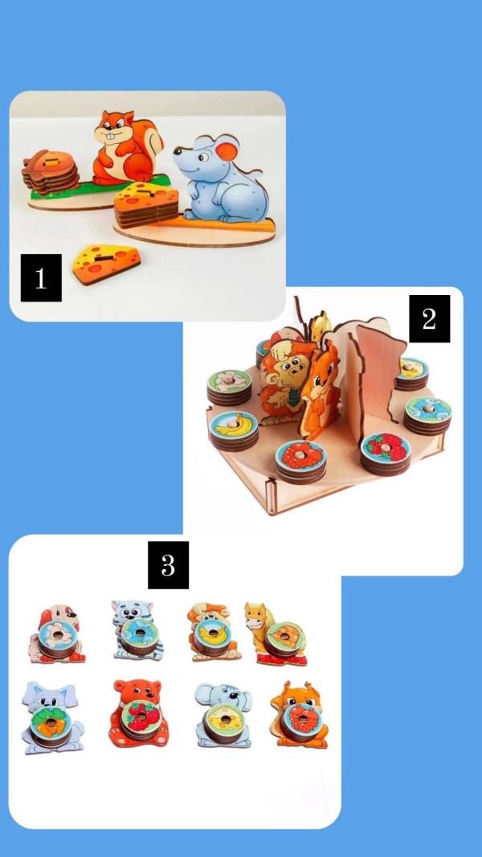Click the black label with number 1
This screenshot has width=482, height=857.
41,277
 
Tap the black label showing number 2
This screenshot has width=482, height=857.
429,318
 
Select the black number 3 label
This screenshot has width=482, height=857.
168,565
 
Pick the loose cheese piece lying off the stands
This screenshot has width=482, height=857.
107,264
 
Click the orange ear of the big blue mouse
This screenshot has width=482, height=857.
228,149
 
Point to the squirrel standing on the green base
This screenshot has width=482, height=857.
127,148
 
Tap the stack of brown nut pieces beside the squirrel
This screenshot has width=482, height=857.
51,170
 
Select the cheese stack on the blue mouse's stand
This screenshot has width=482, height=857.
146,205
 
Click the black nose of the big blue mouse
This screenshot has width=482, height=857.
177,150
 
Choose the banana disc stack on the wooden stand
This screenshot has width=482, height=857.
234,431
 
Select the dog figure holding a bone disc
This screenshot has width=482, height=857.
57,634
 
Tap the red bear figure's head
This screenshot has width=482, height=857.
137,692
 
